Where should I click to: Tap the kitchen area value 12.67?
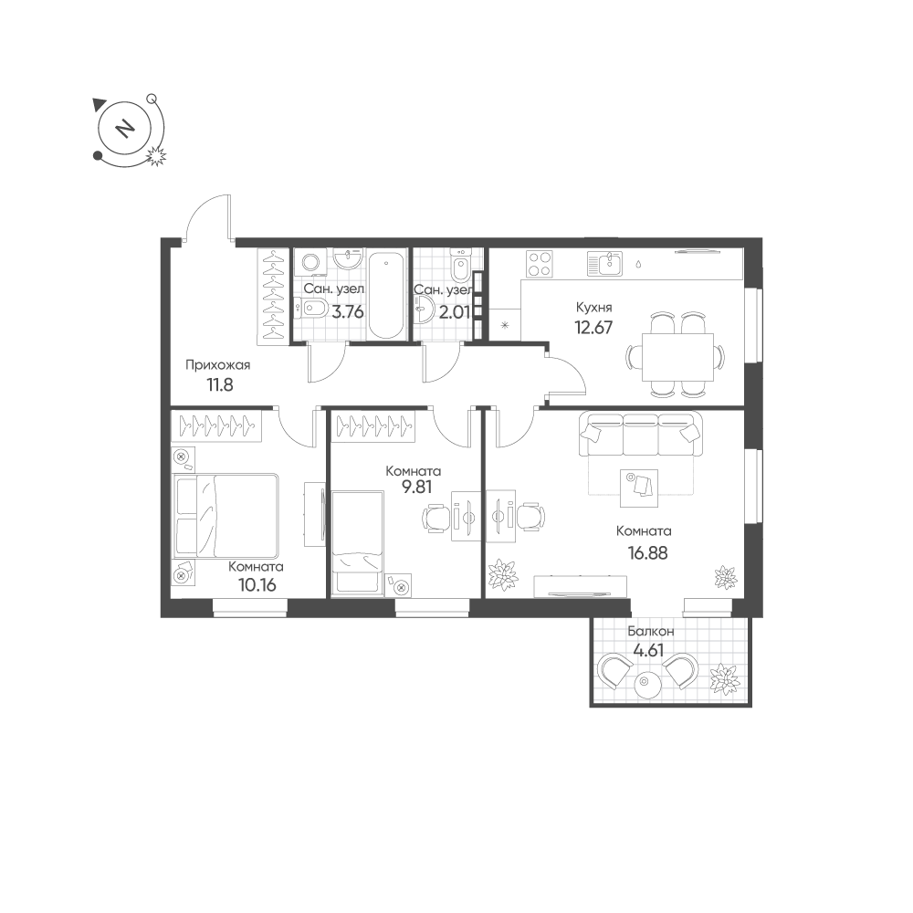pos(593,328)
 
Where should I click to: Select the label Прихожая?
pos(218,365)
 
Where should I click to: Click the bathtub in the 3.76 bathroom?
pos(386,295)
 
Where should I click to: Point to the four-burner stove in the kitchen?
pos(539,263)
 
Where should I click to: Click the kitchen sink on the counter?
pos(605,263)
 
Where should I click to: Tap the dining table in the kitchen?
pos(677,357)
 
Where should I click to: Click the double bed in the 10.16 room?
pos(226,516)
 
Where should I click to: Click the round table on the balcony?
pos(646,684)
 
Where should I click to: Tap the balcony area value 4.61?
pos(648,650)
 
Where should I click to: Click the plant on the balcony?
pos(724,678)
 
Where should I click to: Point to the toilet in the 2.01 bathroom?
pos(460,266)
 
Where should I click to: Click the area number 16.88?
pos(647,552)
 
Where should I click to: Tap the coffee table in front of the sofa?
pos(639,488)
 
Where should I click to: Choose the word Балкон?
pos(650,631)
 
